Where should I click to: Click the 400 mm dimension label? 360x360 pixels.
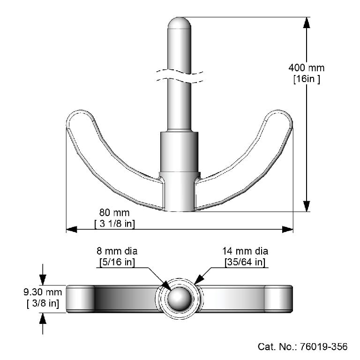click(x=306, y=68)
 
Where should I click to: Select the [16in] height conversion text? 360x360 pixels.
click(x=306, y=79)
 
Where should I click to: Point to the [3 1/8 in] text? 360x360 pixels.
click(x=115, y=224)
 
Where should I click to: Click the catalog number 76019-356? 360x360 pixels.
click(x=302, y=346)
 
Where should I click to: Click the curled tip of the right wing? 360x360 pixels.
click(x=281, y=117)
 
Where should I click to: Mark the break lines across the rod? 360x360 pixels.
click(x=180, y=77)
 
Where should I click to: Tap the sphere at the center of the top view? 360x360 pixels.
click(x=180, y=299)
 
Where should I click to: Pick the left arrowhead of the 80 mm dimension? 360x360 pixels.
click(x=72, y=229)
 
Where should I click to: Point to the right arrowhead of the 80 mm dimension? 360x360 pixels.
click(x=287, y=229)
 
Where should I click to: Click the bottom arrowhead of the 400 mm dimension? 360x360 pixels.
click(x=306, y=206)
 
